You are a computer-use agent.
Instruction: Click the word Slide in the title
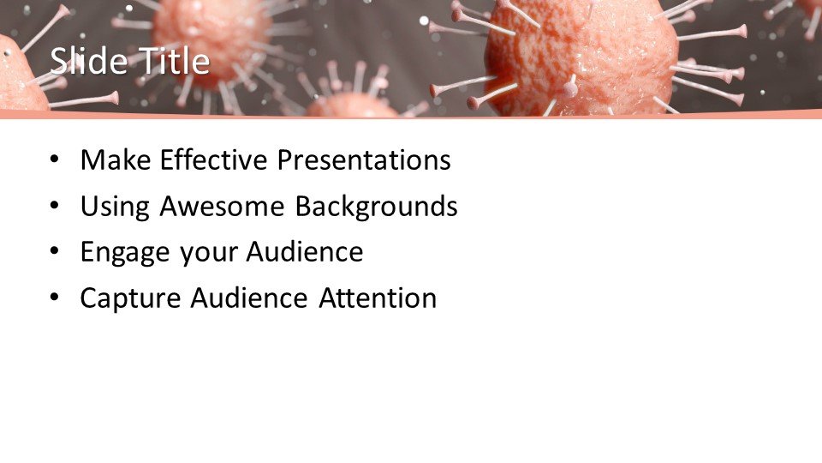[x=88, y=61]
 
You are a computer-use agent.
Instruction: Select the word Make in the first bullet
[x=116, y=159]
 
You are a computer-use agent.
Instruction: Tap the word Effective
[x=213, y=159]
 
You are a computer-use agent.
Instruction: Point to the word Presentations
[x=364, y=159]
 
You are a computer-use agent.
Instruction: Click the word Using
[x=115, y=207]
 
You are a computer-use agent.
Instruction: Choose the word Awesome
[x=222, y=206]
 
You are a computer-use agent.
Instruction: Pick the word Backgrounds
[x=376, y=206]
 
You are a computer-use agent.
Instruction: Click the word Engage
[x=125, y=253]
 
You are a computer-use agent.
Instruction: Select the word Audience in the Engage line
[x=305, y=251]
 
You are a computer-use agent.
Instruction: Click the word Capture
[x=130, y=298]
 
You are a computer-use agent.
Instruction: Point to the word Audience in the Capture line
[x=249, y=298]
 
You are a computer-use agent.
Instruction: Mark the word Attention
[x=378, y=298]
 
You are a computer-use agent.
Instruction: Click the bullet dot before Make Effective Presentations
[x=55, y=159]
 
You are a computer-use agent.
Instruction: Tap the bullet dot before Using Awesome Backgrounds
[x=55, y=205]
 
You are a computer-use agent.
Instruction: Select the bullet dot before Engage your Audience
[x=55, y=251]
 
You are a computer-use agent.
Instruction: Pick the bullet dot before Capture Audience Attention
[x=55, y=298]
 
